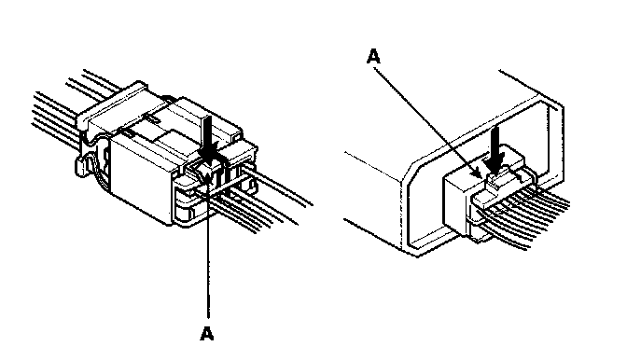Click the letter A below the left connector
[x=207, y=333]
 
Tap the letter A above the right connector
[x=373, y=56]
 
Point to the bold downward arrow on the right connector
[x=495, y=150]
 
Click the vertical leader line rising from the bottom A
[x=208, y=248]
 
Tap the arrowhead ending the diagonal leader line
[x=478, y=174]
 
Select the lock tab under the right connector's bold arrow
[x=497, y=181]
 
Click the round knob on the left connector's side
[x=80, y=166]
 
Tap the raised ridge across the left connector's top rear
[x=111, y=104]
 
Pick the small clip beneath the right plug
[x=480, y=237]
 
